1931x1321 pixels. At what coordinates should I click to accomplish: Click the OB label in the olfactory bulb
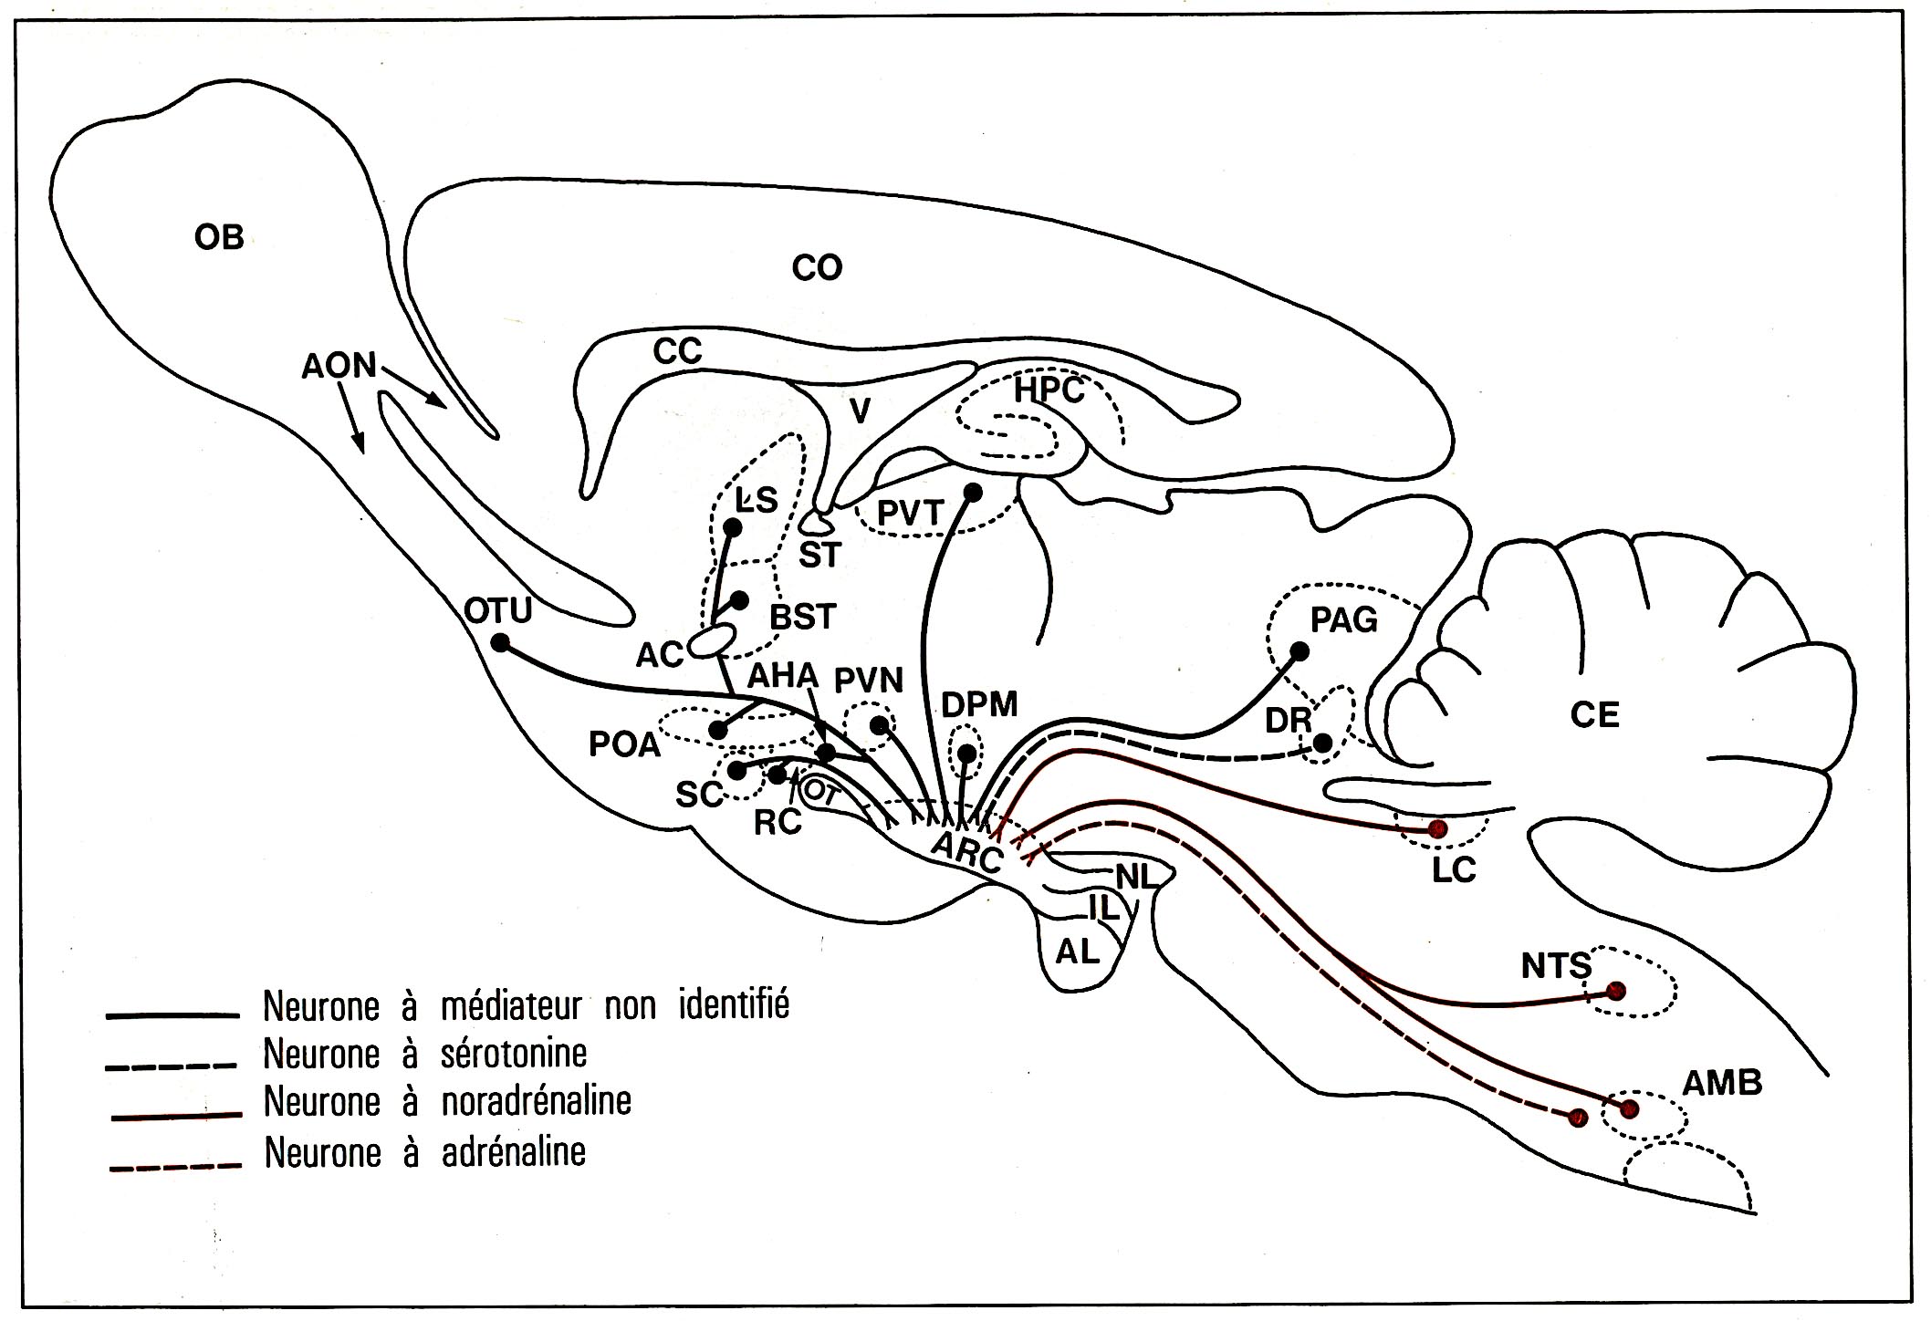219,237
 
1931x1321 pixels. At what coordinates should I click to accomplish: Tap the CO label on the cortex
816,268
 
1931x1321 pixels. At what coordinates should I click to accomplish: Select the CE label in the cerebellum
1594,714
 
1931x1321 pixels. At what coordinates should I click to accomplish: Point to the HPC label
1049,390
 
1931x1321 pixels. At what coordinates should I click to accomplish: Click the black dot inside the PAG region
1300,651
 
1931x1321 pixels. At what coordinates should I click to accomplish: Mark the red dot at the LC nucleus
1438,828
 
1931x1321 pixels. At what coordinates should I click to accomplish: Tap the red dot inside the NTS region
1615,991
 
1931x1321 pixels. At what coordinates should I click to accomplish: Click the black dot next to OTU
500,642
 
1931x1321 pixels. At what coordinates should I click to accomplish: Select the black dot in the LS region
732,527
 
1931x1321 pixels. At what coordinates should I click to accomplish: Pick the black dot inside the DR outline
1321,743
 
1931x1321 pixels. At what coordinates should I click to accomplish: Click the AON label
339,366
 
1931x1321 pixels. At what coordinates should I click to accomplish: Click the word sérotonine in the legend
514,1054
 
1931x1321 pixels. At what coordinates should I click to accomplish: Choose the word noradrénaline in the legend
536,1101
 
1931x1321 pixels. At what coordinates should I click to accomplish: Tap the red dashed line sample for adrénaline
174,1166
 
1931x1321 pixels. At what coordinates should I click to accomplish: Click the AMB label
1722,1083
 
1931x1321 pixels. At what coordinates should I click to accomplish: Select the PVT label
908,514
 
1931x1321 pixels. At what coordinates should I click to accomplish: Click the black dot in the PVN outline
878,724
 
